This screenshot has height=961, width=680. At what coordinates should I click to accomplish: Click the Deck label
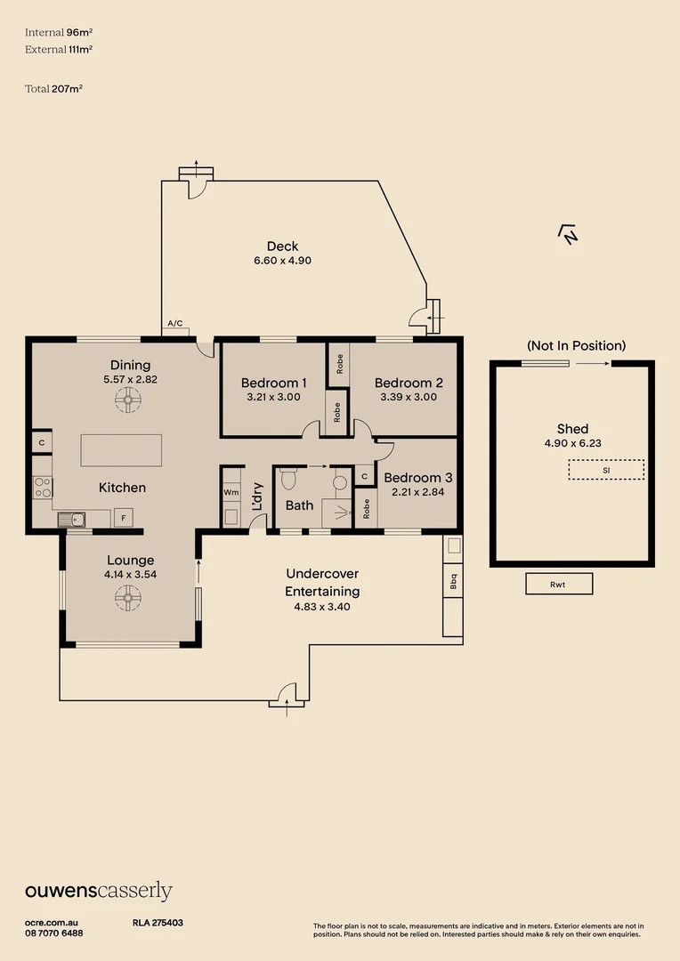coord(282,246)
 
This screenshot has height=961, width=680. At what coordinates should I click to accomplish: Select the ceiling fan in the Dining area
coord(127,402)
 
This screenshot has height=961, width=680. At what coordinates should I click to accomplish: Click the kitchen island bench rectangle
coord(121,450)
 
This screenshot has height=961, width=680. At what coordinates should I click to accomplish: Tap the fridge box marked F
coord(123,517)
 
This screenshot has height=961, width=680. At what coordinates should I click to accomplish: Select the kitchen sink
coord(72,519)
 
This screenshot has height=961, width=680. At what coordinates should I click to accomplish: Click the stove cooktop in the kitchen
coord(43,487)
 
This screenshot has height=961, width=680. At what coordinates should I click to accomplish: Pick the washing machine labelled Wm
coord(231,491)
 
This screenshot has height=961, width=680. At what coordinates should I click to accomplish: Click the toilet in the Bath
coord(287,479)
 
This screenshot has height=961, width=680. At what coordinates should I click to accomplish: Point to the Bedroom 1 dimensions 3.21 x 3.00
coord(273,397)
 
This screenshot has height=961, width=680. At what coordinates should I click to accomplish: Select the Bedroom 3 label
coord(418,477)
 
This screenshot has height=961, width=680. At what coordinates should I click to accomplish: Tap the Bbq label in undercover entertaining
coord(453,583)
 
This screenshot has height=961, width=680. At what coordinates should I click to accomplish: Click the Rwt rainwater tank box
coord(558,585)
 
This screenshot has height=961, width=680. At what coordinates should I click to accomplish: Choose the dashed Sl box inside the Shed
coord(606,469)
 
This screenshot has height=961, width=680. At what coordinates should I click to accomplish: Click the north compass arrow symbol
coord(568,234)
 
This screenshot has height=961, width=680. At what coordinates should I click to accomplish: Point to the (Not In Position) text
coord(576,345)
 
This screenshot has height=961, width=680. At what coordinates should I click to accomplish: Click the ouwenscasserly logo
coord(98,892)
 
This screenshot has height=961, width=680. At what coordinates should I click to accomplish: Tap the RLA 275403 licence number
coord(158,924)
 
